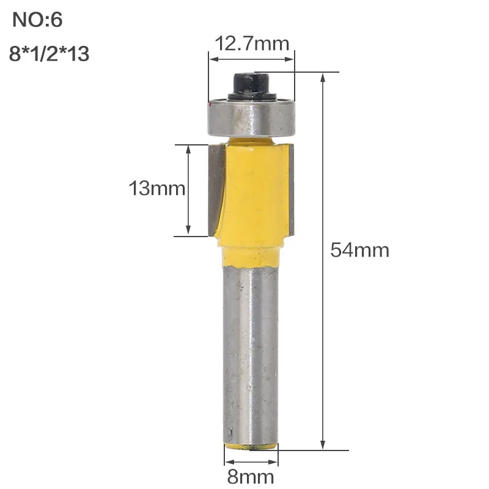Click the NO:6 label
[37, 20]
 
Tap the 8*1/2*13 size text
[50, 53]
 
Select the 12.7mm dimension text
[252, 43]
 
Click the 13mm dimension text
[157, 188]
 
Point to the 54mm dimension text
[360, 250]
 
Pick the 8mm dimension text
[251, 477]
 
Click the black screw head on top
[252, 86]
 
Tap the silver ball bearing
[251, 118]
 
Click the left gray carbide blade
[216, 190]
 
